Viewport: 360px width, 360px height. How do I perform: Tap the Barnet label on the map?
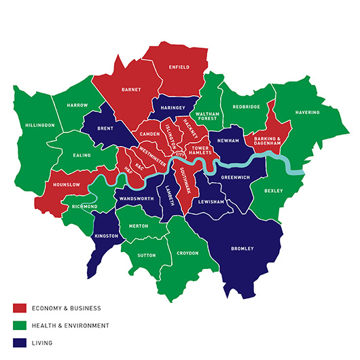pyautogui.click(x=130, y=89)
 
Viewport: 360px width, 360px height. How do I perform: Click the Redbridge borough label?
pyautogui.click(x=247, y=107)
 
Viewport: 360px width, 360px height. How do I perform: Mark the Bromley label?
pyautogui.click(x=242, y=248)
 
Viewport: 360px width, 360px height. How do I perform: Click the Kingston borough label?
pyautogui.click(x=107, y=236)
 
